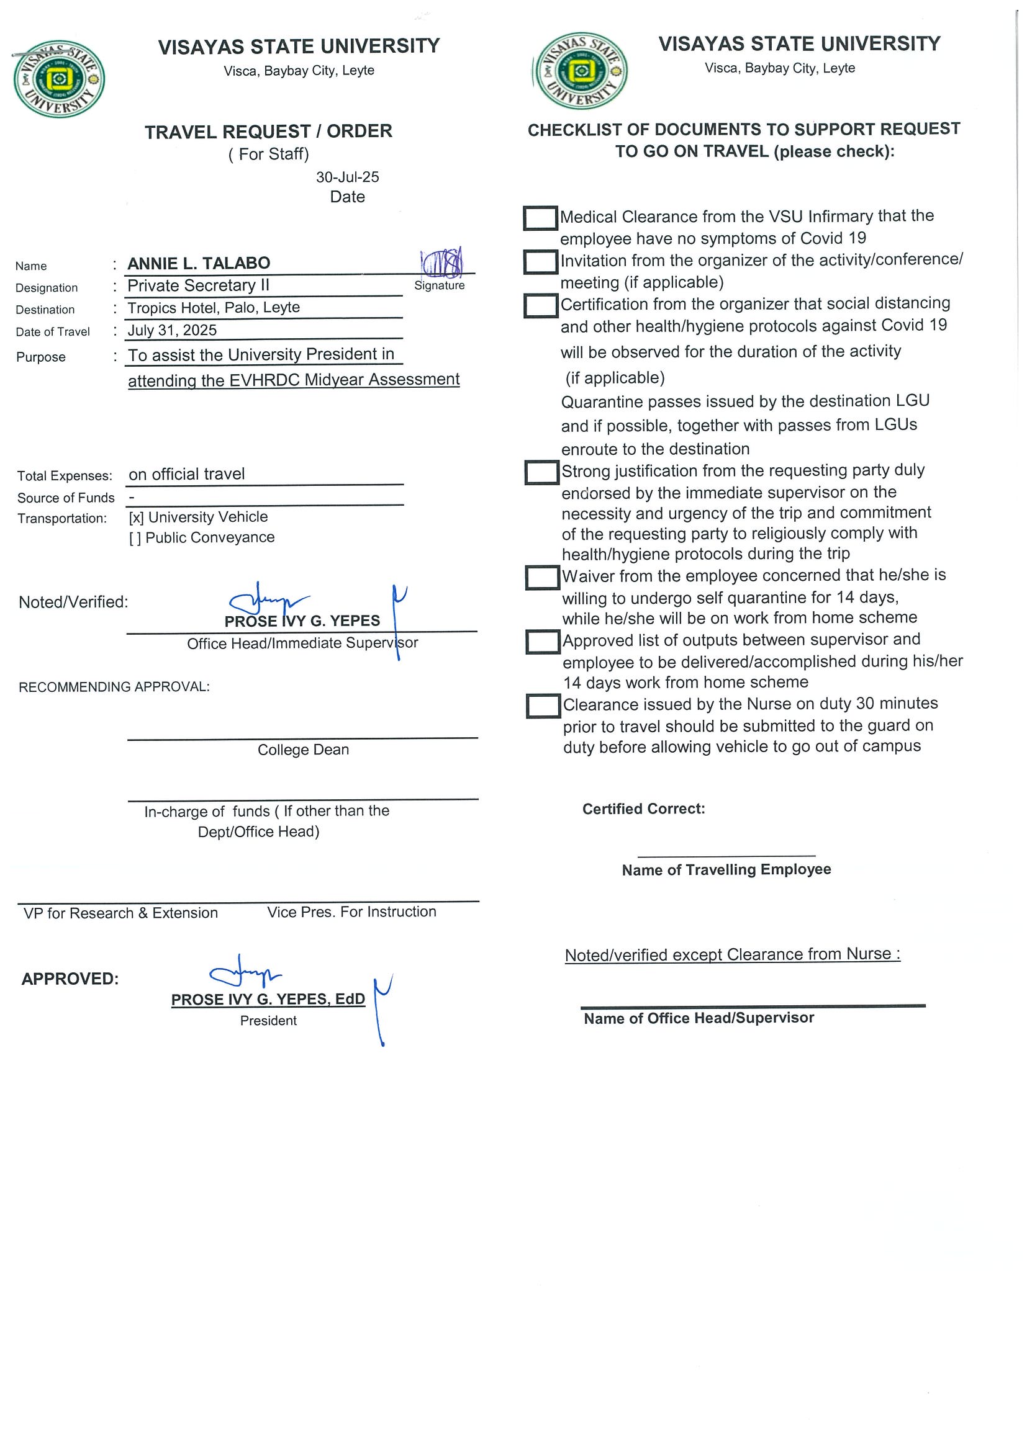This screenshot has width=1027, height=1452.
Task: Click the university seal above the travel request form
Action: click(59, 79)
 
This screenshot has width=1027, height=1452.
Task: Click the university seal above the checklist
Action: click(581, 71)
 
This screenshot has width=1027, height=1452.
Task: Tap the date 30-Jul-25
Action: click(347, 177)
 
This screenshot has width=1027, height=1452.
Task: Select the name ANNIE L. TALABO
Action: click(199, 263)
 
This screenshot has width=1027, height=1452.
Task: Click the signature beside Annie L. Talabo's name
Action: click(442, 262)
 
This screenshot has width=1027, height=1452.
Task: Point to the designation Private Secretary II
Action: click(198, 286)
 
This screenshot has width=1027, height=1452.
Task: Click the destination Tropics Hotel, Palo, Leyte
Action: click(213, 308)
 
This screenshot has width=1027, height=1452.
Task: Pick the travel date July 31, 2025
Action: click(172, 330)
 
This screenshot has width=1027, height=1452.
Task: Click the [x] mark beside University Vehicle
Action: click(136, 518)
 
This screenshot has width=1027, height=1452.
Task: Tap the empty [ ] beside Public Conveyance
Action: click(135, 538)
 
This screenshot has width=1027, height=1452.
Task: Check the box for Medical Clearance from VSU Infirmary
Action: click(540, 218)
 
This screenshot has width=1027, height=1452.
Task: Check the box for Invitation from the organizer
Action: click(540, 262)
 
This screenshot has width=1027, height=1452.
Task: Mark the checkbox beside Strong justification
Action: click(541, 472)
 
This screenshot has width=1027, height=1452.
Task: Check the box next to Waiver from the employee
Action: click(542, 577)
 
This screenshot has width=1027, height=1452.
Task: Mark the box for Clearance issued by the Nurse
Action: click(543, 706)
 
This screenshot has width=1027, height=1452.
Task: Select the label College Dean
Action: click(303, 750)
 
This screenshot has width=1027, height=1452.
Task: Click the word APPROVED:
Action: click(70, 979)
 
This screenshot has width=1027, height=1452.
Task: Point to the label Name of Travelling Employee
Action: click(726, 869)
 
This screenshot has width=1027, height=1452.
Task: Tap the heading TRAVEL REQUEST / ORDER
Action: click(268, 132)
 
